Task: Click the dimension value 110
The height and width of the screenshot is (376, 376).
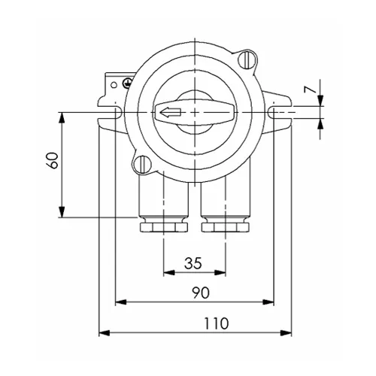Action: coord(215,323)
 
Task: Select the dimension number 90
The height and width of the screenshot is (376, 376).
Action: coord(199,293)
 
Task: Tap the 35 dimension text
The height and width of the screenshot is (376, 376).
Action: coord(193,263)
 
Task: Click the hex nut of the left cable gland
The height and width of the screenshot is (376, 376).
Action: coord(161,225)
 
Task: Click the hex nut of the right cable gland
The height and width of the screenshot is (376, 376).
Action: coord(226,225)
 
